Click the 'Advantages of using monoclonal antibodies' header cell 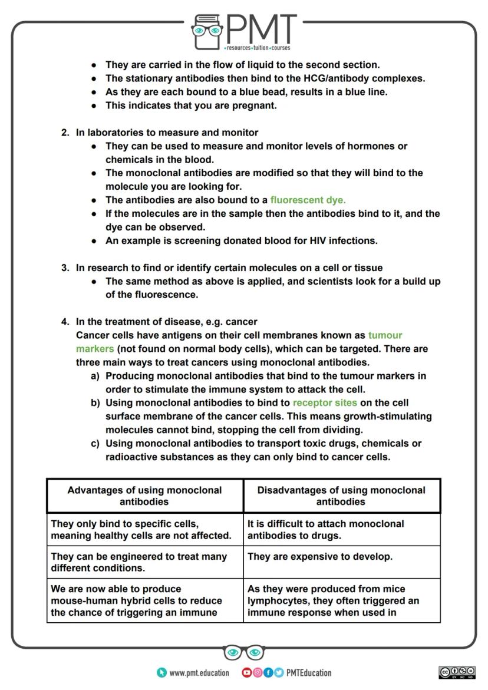click(x=145, y=496)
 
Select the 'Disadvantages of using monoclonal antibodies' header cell click(x=341, y=496)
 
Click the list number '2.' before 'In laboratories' click(x=65, y=133)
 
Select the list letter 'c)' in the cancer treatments click(x=95, y=443)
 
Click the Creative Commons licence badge click(x=457, y=672)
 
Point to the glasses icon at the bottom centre click(x=244, y=652)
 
